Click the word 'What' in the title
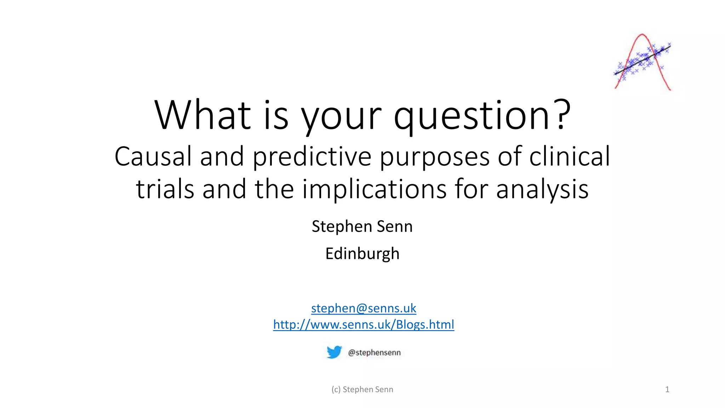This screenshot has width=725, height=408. tap(202, 115)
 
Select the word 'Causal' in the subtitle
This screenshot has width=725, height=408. tap(153, 157)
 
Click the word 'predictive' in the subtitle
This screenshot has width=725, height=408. tap(312, 157)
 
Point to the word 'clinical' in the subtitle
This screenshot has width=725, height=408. tap(570, 157)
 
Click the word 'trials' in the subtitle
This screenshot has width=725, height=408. tap(165, 189)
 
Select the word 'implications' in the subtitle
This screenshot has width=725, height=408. tap(374, 189)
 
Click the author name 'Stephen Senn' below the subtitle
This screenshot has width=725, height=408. tap(362, 227)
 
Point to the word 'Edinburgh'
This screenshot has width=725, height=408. tap(362, 254)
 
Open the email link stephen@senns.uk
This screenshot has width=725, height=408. tap(364, 308)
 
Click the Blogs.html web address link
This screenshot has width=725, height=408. tap(364, 324)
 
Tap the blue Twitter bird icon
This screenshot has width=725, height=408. tap(334, 352)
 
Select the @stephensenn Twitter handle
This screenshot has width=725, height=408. tap(374, 352)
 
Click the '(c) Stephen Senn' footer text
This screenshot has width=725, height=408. tap(362, 390)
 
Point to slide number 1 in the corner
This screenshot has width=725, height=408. tap(667, 390)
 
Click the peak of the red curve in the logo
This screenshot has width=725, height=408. tap(642, 35)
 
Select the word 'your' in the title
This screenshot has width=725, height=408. tap(341, 115)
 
